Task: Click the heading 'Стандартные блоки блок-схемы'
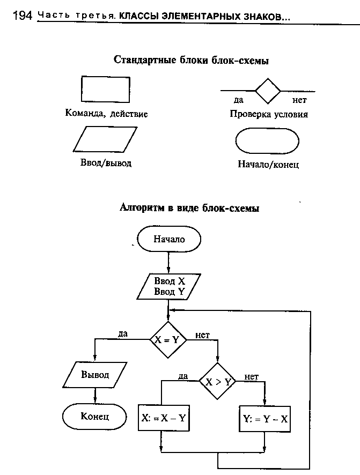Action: (191, 61)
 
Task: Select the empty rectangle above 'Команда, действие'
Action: (105, 90)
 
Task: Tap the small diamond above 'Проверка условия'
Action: (268, 90)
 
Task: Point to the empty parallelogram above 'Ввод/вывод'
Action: (102, 139)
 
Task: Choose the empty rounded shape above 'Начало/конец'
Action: (267, 142)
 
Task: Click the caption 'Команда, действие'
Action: (106, 114)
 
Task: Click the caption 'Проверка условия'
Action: (269, 114)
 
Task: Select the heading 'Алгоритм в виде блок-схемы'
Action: (189, 209)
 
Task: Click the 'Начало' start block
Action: (169, 239)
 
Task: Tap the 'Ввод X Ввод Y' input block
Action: (168, 286)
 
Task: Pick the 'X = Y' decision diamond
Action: (168, 339)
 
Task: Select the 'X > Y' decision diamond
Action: (217, 381)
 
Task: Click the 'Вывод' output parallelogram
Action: (95, 375)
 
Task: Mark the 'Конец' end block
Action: (95, 416)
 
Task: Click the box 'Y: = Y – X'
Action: (265, 419)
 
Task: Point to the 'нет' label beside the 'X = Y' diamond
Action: (202, 335)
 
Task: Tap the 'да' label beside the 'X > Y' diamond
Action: (183, 376)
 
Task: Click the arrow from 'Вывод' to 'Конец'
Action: (95, 395)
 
